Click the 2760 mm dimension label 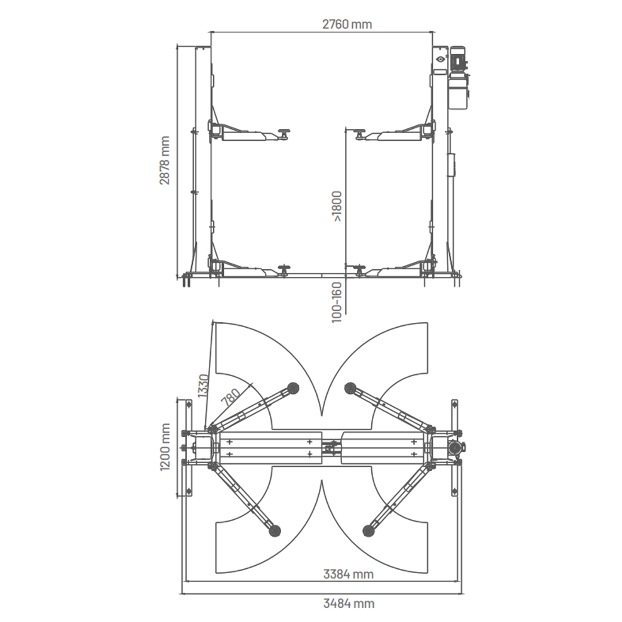347,24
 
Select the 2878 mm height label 165,161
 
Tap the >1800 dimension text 337,207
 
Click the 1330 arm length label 204,386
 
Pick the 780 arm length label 231,397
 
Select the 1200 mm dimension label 165,447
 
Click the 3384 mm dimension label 348,574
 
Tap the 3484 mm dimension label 349,603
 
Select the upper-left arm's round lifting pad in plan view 292,387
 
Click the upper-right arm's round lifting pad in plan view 350,387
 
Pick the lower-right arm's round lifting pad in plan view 368,529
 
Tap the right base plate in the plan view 455,448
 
